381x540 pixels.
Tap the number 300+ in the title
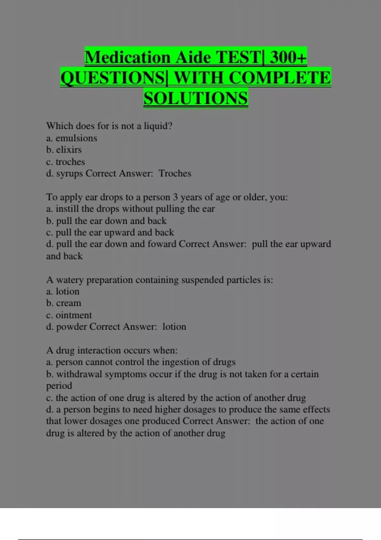point(288,57)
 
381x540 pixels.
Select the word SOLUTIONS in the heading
point(196,98)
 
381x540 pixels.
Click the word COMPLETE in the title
point(280,78)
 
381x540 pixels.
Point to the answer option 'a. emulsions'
point(71,138)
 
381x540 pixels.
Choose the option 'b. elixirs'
point(64,150)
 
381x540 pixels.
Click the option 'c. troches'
point(65,162)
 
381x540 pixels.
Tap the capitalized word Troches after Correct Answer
point(175,173)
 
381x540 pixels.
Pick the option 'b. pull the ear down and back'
point(106,221)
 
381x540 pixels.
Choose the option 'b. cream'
point(63,303)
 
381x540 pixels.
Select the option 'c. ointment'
point(69,315)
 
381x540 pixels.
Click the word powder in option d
point(71,327)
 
